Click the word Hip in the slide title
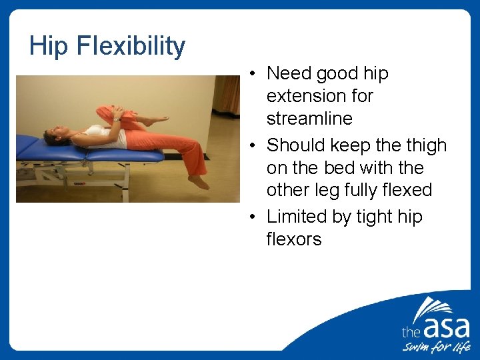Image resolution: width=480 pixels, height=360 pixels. (x=49, y=46)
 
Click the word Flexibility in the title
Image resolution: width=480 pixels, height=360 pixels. (x=131, y=46)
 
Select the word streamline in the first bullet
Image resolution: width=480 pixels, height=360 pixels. (x=309, y=119)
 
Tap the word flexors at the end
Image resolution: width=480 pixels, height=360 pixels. (x=294, y=239)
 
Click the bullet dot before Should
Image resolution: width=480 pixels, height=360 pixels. (x=256, y=146)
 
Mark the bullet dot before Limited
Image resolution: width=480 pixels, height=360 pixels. (x=256, y=217)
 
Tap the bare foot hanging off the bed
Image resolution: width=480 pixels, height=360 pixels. (x=198, y=182)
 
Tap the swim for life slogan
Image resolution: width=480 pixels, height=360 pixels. (x=435, y=348)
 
